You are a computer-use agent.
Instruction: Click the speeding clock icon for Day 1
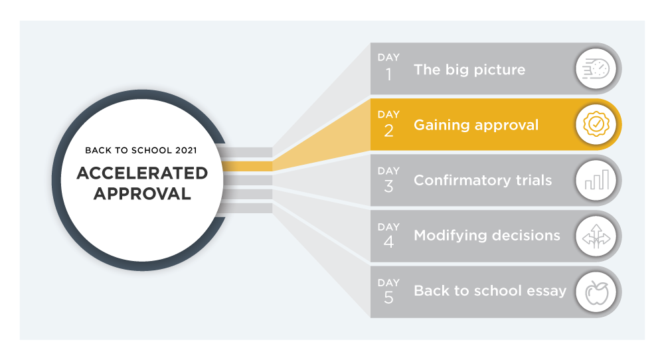click(x=596, y=68)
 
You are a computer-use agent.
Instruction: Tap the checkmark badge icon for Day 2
click(x=596, y=124)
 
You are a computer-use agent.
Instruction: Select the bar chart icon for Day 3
click(x=597, y=179)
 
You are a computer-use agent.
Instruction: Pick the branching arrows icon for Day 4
click(x=596, y=236)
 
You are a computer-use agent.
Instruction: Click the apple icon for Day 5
click(x=597, y=292)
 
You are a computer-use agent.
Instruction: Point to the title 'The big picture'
click(x=469, y=70)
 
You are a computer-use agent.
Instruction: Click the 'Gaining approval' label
click(x=476, y=126)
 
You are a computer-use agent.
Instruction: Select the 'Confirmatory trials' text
click(x=483, y=181)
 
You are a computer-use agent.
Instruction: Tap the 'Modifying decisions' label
click(x=487, y=236)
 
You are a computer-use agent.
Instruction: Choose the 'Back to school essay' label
click(x=490, y=291)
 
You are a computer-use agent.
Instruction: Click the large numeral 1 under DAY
click(x=388, y=75)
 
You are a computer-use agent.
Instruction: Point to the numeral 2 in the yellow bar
click(x=388, y=131)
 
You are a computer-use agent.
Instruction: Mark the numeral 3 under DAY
click(x=388, y=187)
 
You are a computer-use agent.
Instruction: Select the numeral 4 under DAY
click(x=388, y=242)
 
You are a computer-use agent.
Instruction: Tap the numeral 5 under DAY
click(x=388, y=298)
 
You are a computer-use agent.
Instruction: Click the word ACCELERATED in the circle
click(x=142, y=173)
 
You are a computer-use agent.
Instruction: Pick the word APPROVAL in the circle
click(x=142, y=194)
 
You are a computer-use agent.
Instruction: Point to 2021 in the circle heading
click(x=186, y=150)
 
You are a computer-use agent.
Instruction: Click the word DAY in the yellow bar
click(x=388, y=114)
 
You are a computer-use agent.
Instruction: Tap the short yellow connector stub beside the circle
click(x=247, y=166)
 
